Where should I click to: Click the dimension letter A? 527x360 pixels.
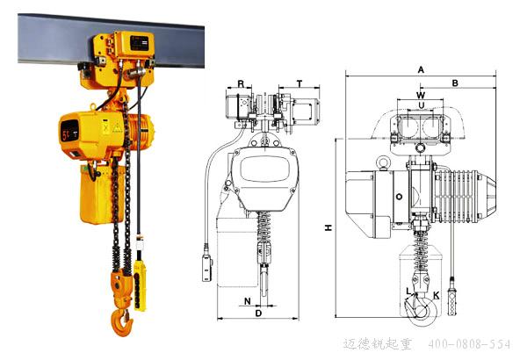click(x=421, y=70)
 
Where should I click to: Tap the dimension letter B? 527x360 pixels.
click(x=455, y=83)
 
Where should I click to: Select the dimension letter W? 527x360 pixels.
click(x=421, y=95)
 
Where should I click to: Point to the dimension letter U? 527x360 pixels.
click(x=422, y=105)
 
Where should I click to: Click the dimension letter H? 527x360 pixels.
click(x=328, y=227)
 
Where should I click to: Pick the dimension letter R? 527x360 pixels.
click(x=241, y=84)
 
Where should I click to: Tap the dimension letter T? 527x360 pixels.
click(x=300, y=83)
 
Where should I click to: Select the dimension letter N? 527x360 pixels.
click(x=248, y=301)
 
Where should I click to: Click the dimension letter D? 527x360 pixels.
click(x=258, y=313)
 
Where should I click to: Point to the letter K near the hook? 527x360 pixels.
click(x=436, y=295)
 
